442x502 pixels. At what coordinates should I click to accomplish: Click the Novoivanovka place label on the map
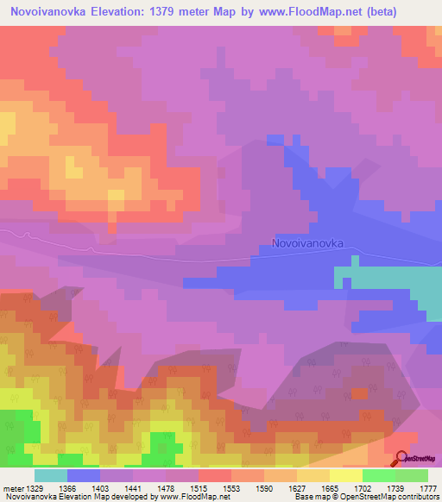tap(307, 243)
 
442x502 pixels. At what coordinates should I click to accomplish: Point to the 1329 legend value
tap(34, 488)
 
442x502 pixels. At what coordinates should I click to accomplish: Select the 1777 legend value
tap(427, 488)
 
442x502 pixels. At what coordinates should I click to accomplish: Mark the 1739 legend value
tap(395, 488)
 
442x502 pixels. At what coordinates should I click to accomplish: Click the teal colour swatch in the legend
tap(51, 475)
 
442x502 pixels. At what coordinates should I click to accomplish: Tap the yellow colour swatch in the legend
tap(346, 475)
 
